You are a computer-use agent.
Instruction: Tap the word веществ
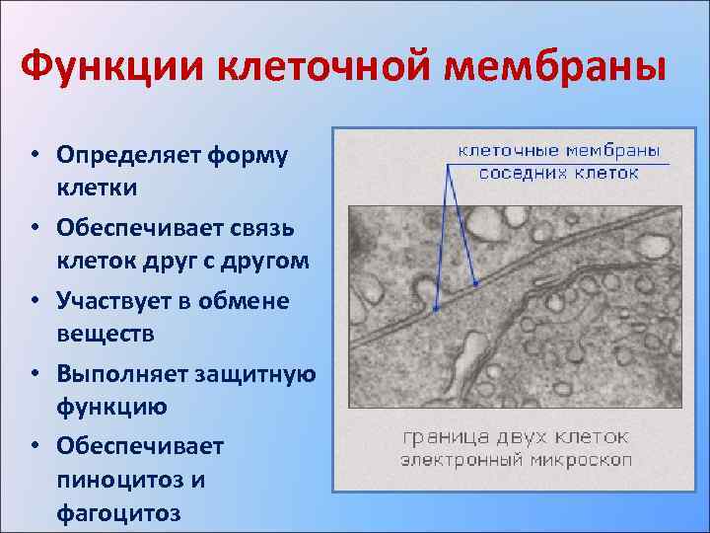(x=100, y=335)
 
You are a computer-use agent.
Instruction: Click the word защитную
(x=258, y=374)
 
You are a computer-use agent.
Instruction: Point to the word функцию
(x=111, y=407)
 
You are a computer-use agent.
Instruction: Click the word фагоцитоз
(x=118, y=514)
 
